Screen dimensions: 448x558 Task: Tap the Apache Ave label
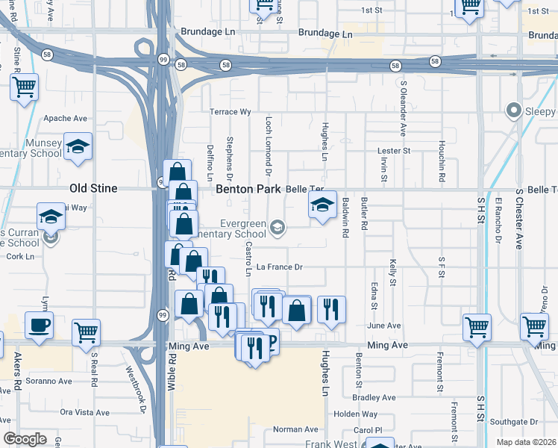coord(66,118)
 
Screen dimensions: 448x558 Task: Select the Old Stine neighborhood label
coord(93,189)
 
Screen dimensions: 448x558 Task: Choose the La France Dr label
coord(279,267)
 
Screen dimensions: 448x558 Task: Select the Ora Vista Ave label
coord(84,412)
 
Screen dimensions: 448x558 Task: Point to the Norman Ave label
coord(295,429)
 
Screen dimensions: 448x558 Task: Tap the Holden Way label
coord(355,414)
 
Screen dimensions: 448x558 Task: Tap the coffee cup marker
coord(39,325)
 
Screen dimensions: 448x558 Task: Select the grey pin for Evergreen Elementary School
coord(278,227)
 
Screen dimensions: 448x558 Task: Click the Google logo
coord(25,439)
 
